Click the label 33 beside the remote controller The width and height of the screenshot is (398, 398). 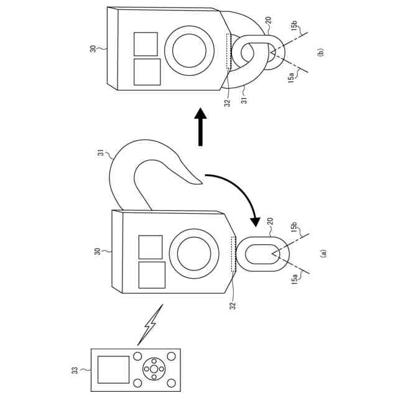click(75, 371)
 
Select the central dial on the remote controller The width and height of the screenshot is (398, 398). click(154, 369)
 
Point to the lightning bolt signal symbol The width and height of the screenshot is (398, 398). click(150, 325)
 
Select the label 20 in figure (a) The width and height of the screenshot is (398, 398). click(270, 220)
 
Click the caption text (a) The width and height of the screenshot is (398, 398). click(322, 253)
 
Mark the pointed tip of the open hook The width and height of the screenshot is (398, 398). click(202, 183)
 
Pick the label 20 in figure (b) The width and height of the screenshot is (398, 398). click(268, 21)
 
